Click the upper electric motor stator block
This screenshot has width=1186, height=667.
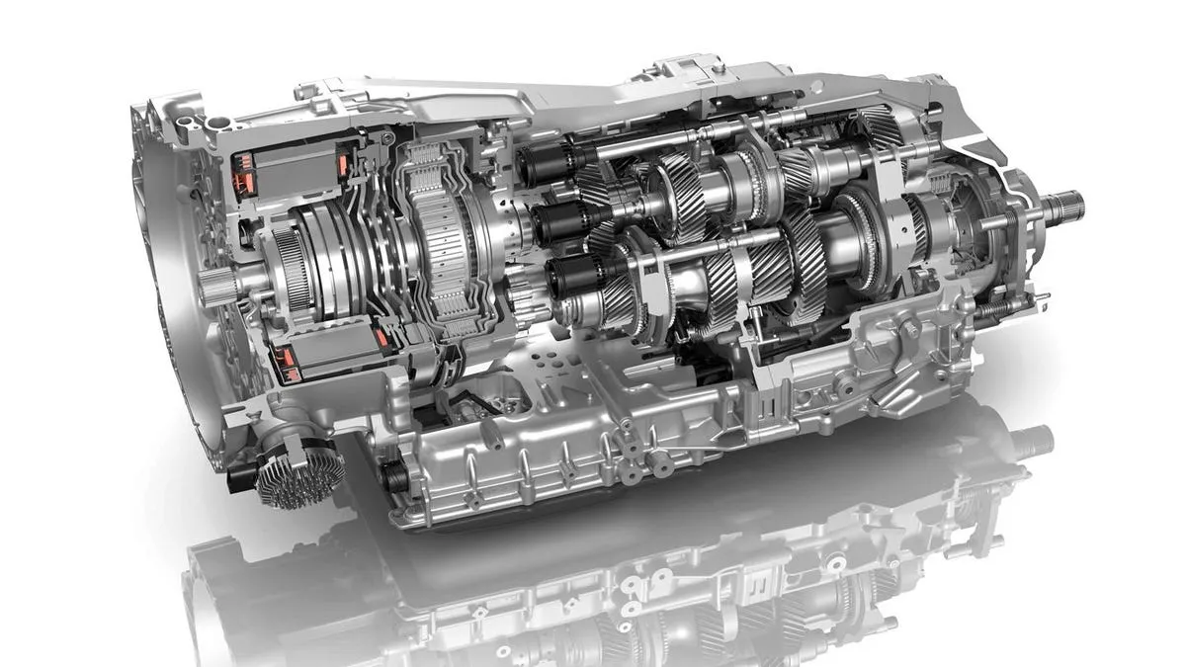287,174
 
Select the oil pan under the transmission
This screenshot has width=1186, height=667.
553,464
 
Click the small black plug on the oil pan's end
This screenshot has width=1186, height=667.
392,476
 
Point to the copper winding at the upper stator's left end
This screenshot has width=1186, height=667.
240,172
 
